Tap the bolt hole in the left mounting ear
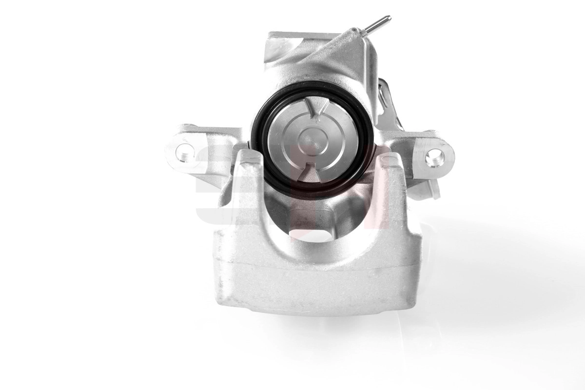[185, 153]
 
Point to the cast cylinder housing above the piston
[317, 68]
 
